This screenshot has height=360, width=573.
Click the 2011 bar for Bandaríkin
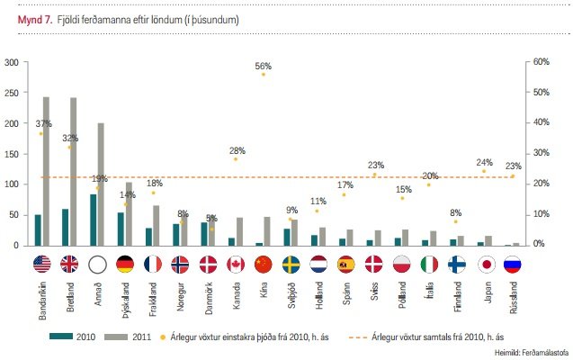click(x=46, y=171)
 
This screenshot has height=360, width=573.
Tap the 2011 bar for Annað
click(x=101, y=184)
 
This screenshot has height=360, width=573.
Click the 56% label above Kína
click(x=263, y=66)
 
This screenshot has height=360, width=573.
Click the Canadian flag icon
click(x=236, y=264)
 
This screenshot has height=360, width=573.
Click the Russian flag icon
click(x=513, y=264)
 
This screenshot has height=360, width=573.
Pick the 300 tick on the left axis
click(x=12, y=62)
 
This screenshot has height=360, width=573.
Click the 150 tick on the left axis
click(x=12, y=154)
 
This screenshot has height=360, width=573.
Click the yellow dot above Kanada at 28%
click(x=236, y=158)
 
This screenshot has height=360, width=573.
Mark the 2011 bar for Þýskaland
click(x=129, y=213)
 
